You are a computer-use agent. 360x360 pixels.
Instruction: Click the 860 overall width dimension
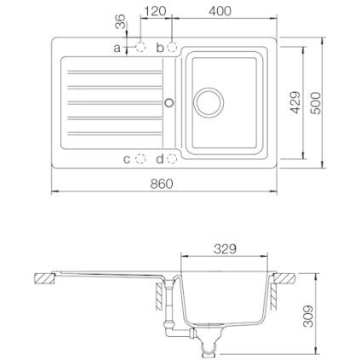click(162, 184)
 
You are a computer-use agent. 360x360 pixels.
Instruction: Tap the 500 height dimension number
click(316, 103)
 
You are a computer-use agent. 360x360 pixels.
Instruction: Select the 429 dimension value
click(295, 102)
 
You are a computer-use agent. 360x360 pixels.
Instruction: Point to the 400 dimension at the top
click(220, 11)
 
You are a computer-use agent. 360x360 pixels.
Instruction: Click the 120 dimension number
click(155, 11)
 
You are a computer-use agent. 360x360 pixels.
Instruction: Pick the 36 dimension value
click(120, 21)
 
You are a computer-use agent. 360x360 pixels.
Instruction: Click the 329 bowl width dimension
click(225, 249)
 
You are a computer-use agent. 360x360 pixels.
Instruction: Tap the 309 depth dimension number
click(308, 316)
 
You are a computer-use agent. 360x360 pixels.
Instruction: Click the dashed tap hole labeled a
click(140, 47)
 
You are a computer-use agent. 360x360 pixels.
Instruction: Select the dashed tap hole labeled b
click(172, 47)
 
